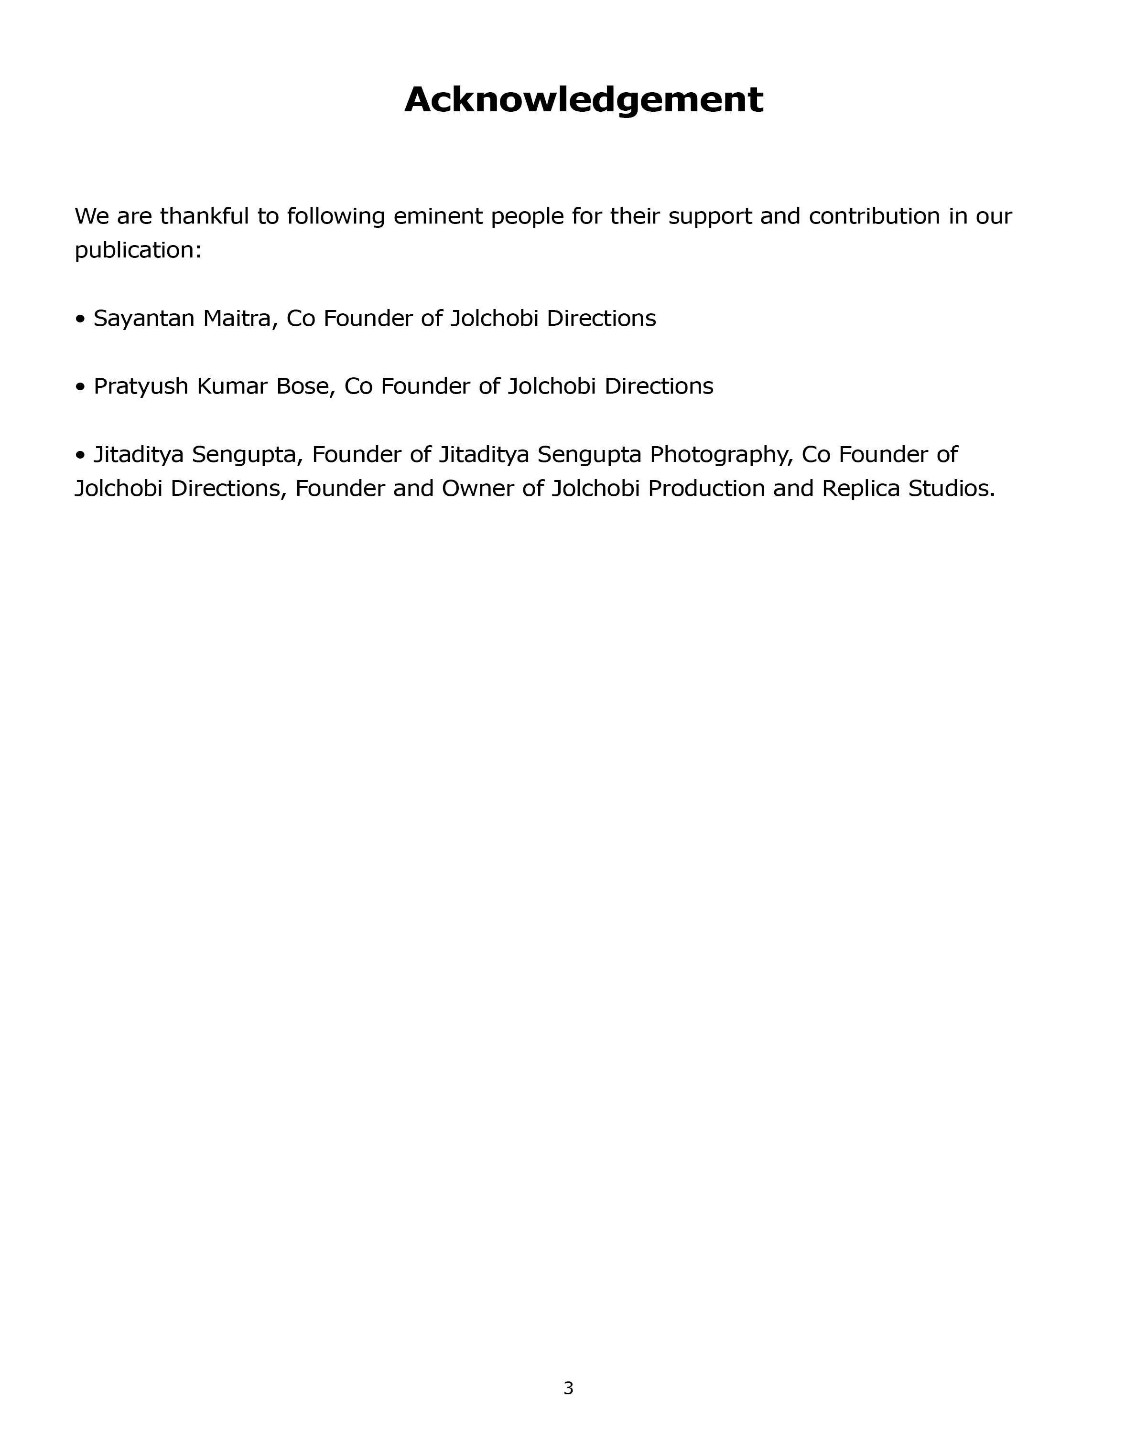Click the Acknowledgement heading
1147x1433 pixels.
(x=583, y=100)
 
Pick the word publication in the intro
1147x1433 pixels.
(x=134, y=251)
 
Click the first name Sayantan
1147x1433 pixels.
(x=144, y=319)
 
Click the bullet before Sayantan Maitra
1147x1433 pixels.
(x=80, y=320)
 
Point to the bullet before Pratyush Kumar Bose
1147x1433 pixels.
(x=80, y=387)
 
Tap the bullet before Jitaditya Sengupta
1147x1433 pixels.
(x=80, y=455)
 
